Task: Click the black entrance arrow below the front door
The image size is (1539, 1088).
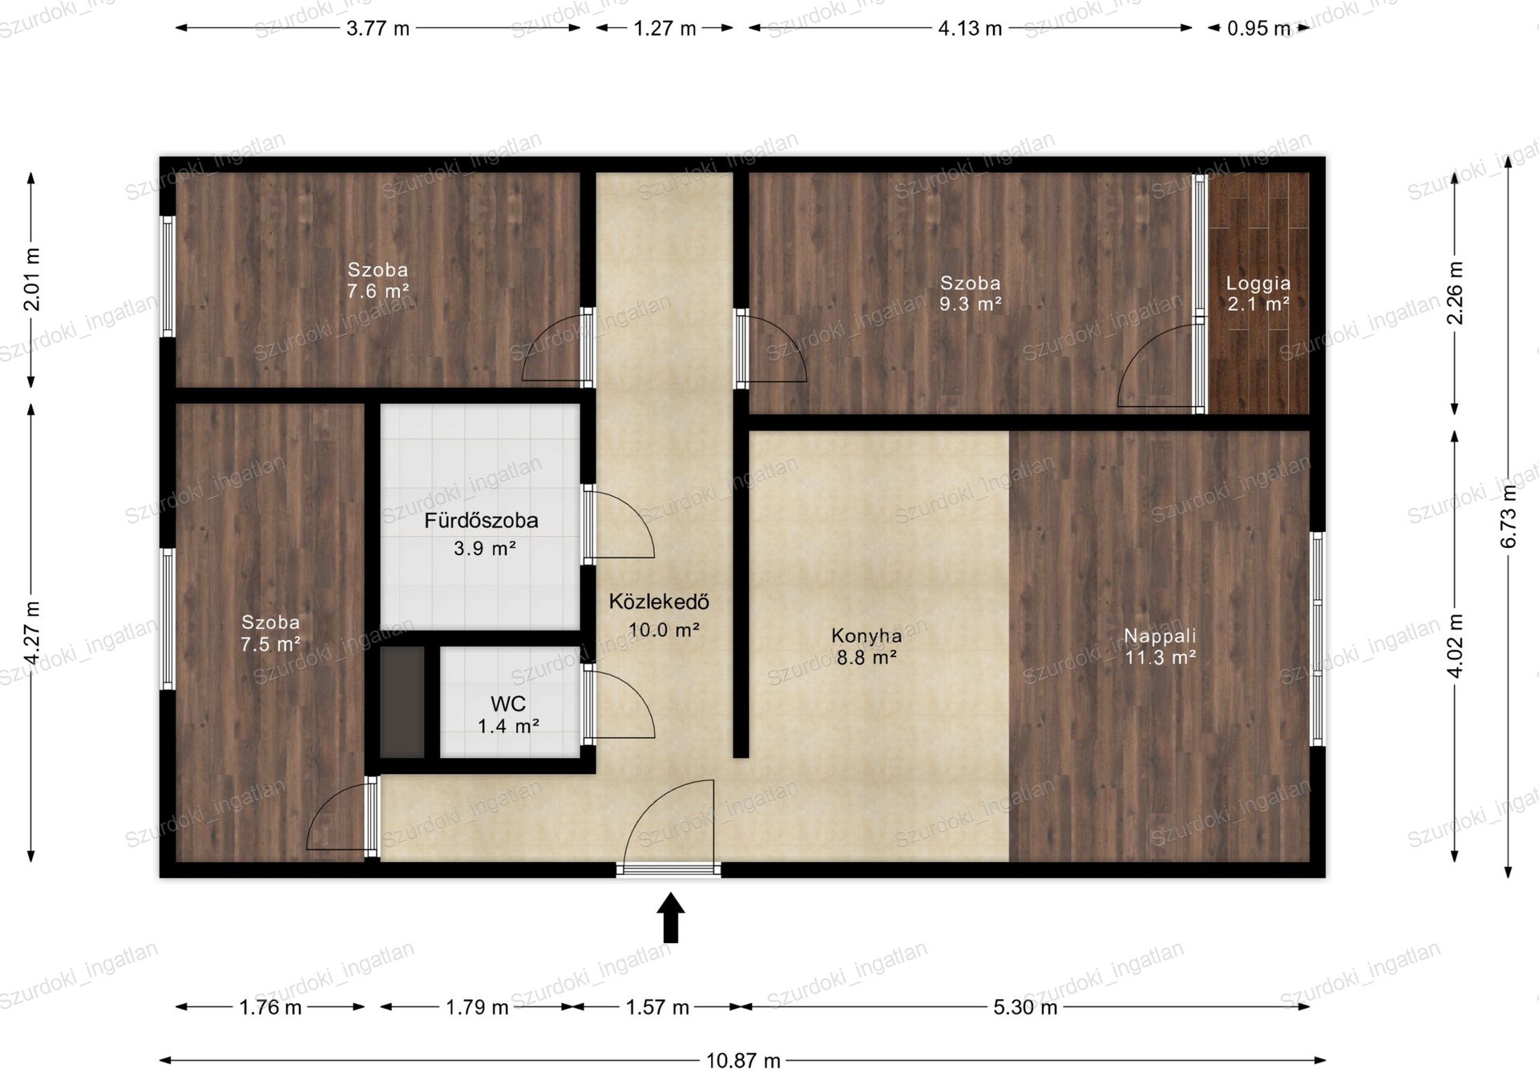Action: [x=671, y=917]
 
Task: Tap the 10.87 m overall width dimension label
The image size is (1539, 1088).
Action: [x=743, y=1061]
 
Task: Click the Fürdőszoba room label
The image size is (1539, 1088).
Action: [x=481, y=521]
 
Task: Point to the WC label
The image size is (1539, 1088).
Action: [x=508, y=704]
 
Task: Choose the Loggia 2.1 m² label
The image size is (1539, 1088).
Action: [x=1258, y=293]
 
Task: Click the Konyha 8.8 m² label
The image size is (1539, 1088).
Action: [x=866, y=647]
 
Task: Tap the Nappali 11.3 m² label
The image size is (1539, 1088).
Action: [x=1160, y=647]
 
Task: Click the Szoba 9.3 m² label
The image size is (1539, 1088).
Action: [x=970, y=293]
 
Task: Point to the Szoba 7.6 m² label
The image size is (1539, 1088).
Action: [x=378, y=280]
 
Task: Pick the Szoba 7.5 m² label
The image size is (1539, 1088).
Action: [x=271, y=633]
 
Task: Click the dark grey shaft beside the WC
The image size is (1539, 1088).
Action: [x=402, y=702]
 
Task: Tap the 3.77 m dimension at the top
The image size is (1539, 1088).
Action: [x=378, y=28]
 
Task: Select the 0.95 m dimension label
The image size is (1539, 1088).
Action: [x=1258, y=28]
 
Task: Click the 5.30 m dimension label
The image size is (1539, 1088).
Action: [x=1025, y=1007]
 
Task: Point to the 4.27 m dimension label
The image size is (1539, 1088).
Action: [x=32, y=633]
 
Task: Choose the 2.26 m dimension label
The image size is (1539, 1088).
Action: [x=1456, y=293]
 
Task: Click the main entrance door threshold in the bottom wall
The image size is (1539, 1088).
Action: [x=669, y=869]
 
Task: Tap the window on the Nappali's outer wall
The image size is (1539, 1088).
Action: [x=1317, y=639]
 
